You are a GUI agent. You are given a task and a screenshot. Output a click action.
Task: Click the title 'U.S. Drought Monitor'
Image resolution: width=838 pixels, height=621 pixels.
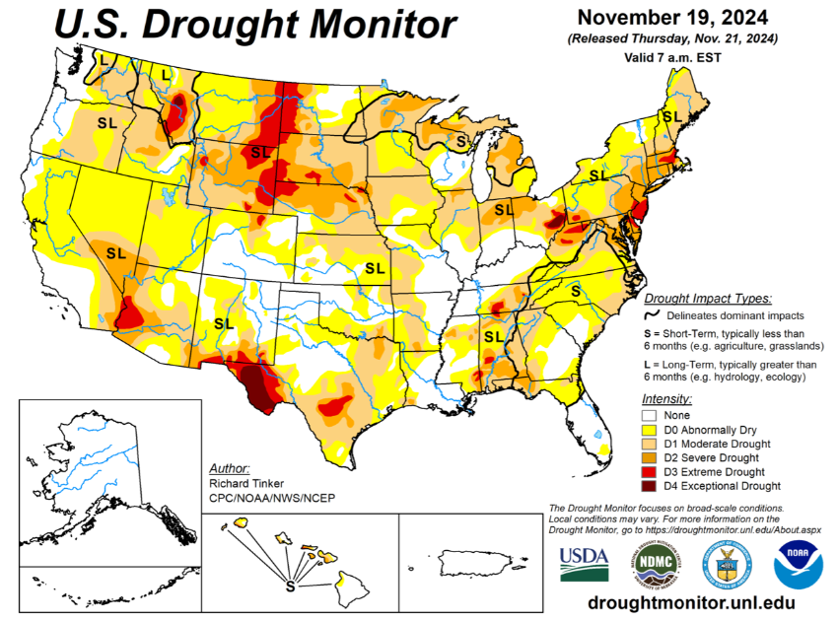tap(253, 25)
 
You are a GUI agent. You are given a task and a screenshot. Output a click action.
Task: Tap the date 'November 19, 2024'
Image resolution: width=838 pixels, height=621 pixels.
tap(673, 18)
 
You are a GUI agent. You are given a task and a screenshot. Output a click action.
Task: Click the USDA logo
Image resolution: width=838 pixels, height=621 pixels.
tap(584, 564)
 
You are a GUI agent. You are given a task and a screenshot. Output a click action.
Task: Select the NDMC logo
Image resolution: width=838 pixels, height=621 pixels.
tap(656, 564)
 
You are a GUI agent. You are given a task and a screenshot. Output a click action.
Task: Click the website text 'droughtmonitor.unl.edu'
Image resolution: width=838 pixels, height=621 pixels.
tap(690, 602)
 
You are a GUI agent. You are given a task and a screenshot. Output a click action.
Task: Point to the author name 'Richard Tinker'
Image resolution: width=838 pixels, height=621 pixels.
tap(245, 484)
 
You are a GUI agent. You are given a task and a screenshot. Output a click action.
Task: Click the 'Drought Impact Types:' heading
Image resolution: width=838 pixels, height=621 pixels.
tap(707, 298)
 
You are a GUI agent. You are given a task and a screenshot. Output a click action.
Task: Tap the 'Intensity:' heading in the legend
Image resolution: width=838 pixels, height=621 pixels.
tap(666, 398)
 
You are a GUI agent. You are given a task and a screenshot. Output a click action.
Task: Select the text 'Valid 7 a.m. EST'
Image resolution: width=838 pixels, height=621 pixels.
tap(673, 58)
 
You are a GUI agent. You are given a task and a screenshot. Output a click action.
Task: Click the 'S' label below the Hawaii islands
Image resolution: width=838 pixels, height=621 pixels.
tap(290, 586)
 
